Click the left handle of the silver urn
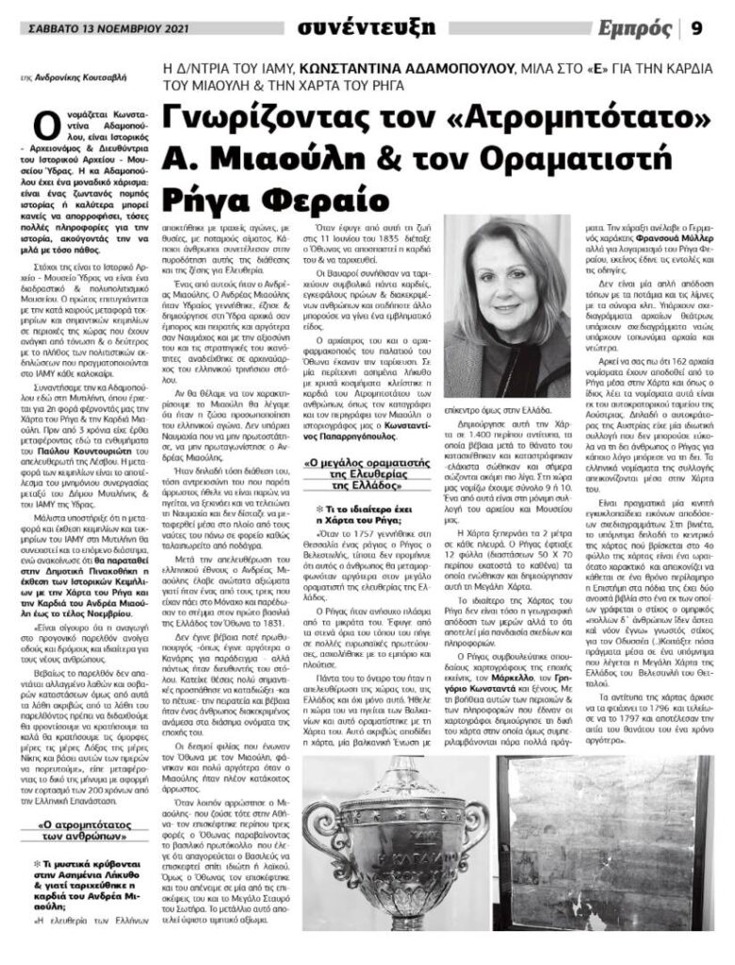pyautogui.click(x=317, y=829)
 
